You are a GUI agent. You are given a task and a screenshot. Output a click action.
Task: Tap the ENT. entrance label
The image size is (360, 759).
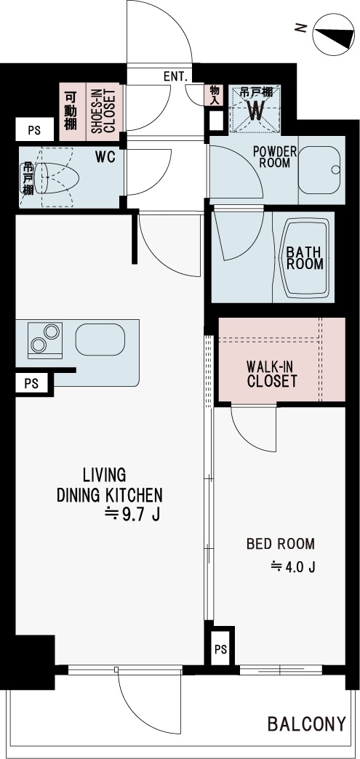pos(177,76)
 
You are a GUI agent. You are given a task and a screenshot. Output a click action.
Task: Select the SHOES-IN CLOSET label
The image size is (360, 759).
pos(103,111)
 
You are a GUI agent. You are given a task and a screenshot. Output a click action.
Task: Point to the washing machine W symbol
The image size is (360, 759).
pos(256,111)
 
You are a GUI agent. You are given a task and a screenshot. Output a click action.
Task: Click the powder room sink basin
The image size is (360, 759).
pos(319,169)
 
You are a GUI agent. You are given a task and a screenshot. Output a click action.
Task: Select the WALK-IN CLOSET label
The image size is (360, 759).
pos(272,374)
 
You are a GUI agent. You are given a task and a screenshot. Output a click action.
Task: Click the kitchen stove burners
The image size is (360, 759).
pos(45,338)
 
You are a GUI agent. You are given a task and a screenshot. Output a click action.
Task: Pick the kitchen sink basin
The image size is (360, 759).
pos(100,339)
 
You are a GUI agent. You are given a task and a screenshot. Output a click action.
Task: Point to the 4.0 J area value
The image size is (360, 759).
pos(294,566)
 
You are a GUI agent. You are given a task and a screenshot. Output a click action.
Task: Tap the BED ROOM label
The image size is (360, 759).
pos(281,544)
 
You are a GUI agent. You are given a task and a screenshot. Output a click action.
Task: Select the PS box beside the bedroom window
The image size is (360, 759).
pos(220,649)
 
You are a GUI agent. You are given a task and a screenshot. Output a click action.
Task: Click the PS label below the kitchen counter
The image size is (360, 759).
pos(31,383)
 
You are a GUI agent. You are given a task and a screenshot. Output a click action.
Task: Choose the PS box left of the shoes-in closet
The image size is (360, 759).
pos(34,129)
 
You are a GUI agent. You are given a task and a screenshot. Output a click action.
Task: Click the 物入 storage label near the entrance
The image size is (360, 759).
pos(215,95)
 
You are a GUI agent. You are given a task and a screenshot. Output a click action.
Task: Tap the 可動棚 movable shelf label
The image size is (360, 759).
pos(71,111)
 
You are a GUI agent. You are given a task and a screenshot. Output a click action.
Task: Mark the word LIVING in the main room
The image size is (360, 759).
pos(104,475)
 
